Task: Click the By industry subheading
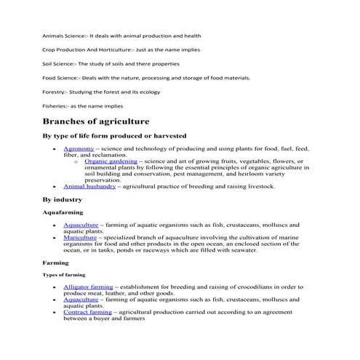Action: (63, 199)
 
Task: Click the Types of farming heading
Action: (65, 275)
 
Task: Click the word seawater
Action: (241, 250)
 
